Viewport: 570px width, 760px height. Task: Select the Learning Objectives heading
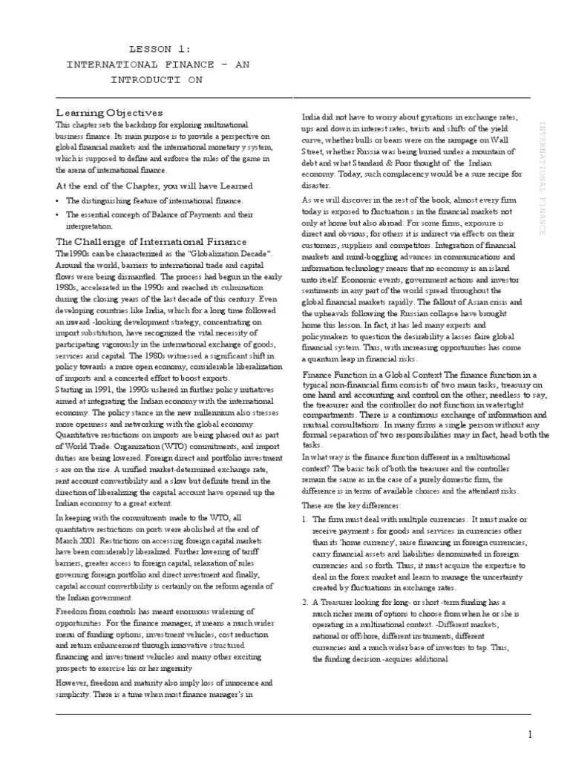(109, 113)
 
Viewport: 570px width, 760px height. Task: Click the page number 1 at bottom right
(530, 735)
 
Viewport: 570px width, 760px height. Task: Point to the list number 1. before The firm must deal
(305, 520)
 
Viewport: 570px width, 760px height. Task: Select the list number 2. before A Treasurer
(305, 602)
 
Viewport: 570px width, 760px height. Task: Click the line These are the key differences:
(351, 505)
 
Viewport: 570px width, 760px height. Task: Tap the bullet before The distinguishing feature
(59, 201)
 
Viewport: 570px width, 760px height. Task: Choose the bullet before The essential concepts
(59, 214)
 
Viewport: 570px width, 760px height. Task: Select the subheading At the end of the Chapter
(154, 186)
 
